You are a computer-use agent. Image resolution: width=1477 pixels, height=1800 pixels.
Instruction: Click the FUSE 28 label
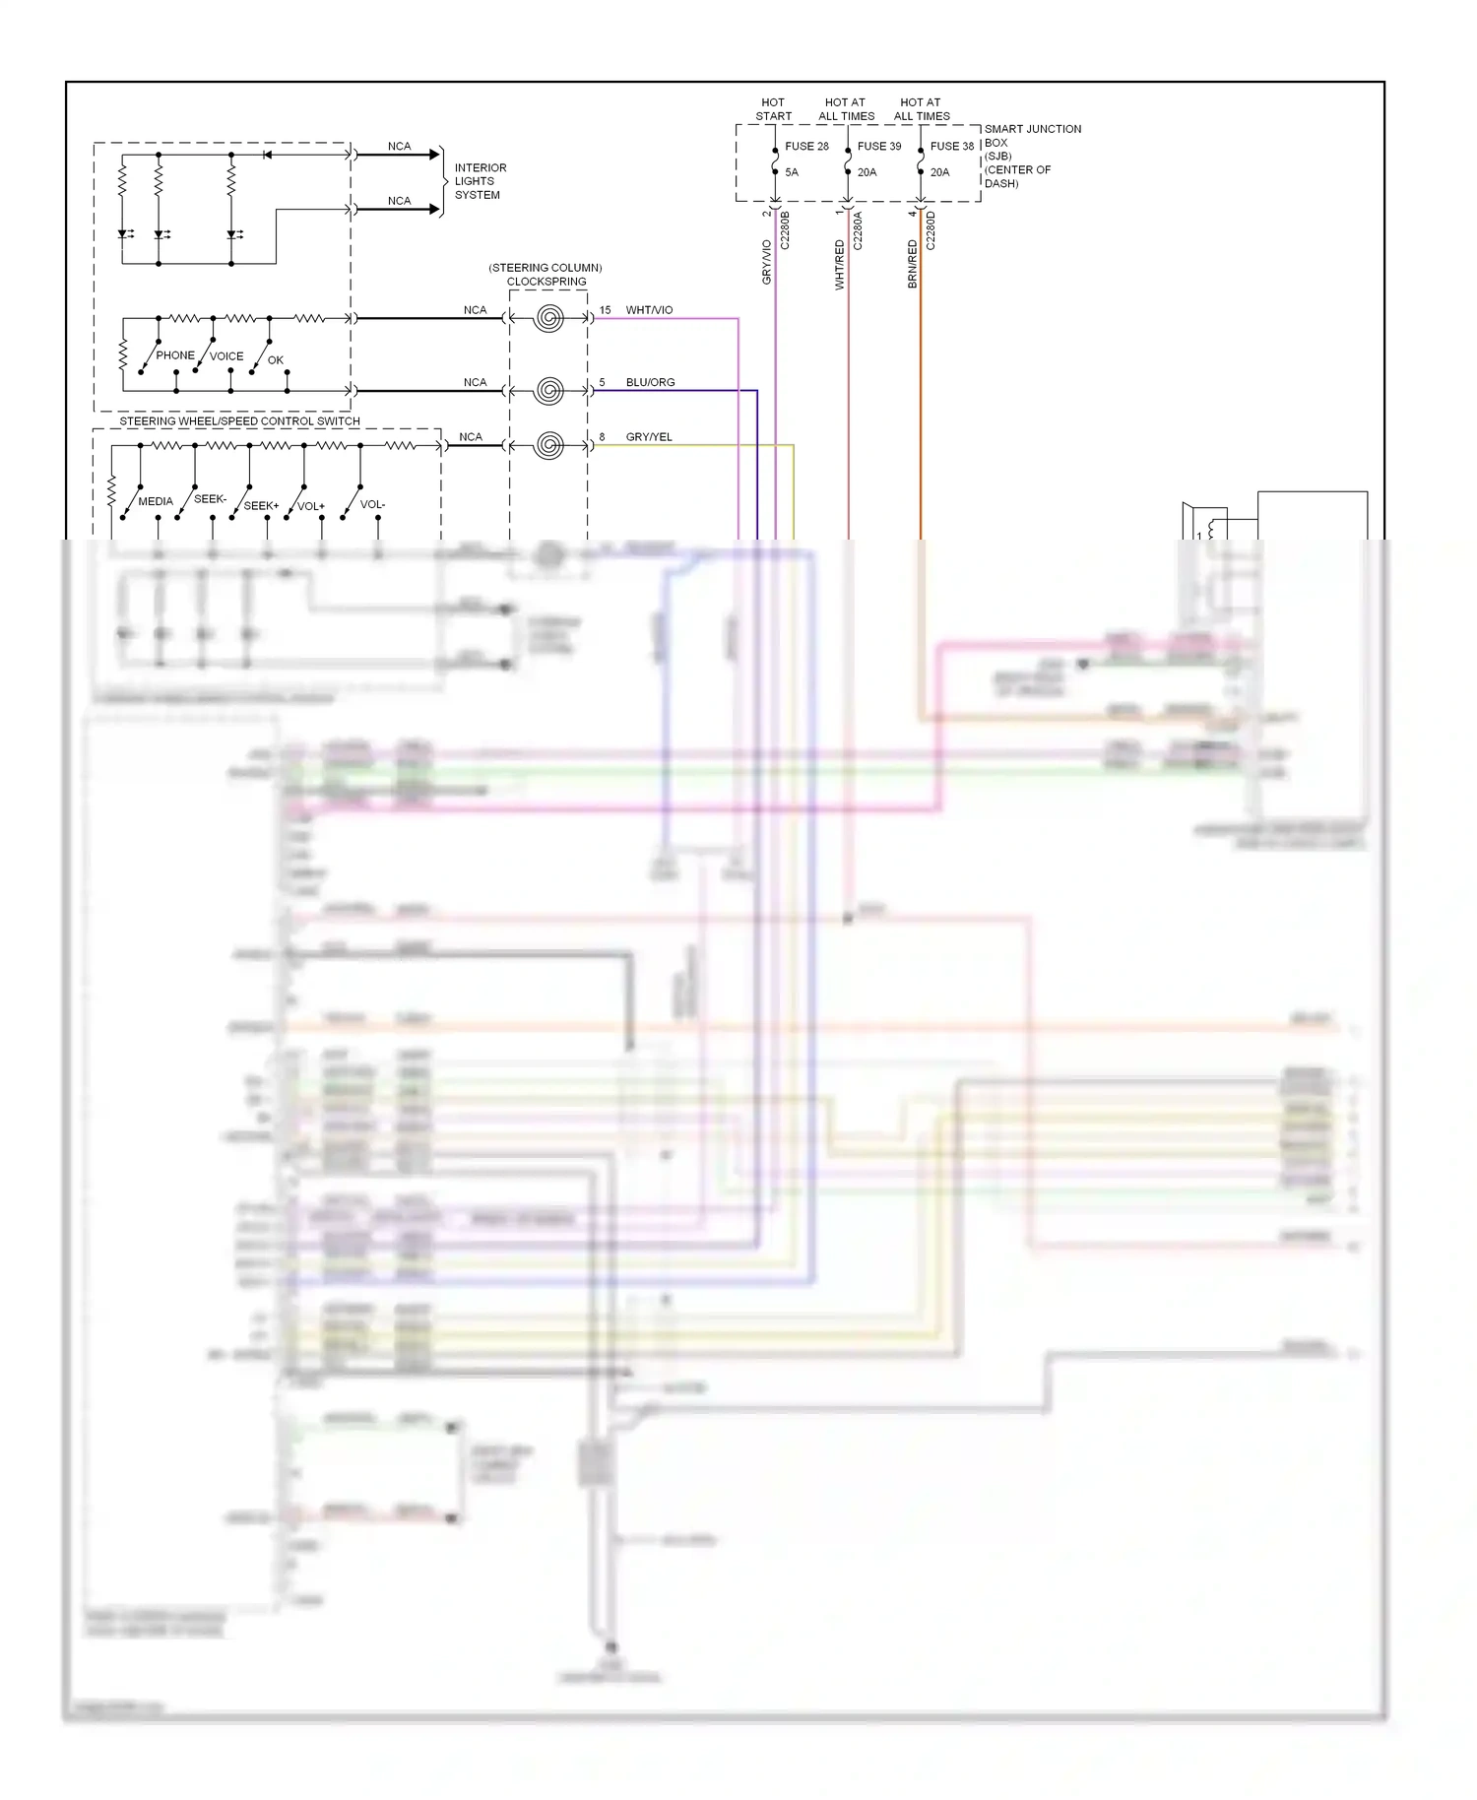click(806, 146)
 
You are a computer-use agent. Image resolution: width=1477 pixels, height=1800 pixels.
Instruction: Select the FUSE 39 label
click(878, 146)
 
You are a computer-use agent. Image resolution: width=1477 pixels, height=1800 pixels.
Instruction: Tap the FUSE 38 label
click(951, 146)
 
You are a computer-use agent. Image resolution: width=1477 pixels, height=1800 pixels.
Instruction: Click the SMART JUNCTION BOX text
click(1032, 136)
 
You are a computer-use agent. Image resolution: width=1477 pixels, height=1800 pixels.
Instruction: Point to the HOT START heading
click(773, 109)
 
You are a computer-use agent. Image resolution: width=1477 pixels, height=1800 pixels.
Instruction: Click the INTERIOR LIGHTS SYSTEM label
click(480, 181)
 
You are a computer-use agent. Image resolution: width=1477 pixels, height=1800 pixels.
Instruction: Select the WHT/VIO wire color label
click(649, 310)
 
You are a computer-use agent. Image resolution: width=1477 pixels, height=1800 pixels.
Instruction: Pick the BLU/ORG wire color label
click(650, 382)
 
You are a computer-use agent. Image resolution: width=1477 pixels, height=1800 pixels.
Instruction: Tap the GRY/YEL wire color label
click(649, 437)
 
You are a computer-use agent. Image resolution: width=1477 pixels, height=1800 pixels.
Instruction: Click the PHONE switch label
click(175, 355)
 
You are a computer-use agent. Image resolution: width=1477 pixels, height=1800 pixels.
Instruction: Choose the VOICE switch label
click(226, 356)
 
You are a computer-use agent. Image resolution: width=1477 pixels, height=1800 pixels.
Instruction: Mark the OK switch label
click(276, 360)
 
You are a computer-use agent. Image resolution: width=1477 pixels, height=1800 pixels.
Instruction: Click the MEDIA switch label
click(156, 501)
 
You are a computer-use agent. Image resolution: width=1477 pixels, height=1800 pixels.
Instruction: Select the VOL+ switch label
click(311, 506)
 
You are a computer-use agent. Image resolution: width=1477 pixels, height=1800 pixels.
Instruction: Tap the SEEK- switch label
click(210, 499)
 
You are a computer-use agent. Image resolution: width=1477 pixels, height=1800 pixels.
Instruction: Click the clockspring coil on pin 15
click(549, 318)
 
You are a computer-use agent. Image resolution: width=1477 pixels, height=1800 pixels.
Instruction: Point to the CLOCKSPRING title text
click(546, 282)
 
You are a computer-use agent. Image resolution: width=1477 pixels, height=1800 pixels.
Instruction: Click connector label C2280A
click(858, 230)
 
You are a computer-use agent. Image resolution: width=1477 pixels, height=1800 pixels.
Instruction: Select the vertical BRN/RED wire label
click(912, 264)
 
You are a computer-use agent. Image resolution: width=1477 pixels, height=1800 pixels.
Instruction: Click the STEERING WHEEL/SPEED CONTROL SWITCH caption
click(239, 421)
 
